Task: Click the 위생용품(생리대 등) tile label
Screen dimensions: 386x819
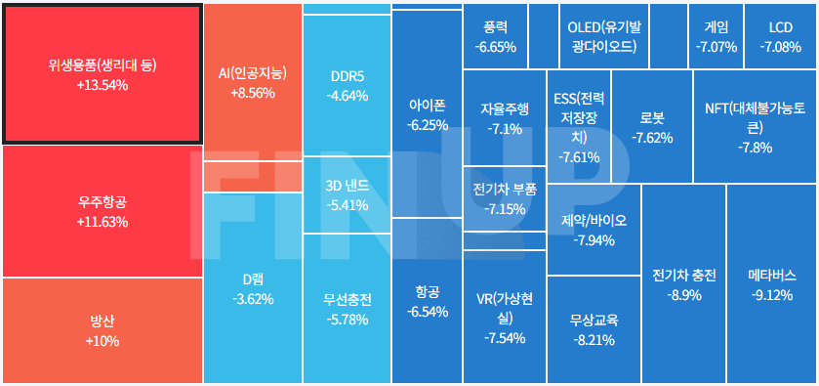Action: pos(102,65)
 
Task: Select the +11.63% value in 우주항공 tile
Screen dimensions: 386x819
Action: pos(102,222)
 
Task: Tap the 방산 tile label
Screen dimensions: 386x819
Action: pos(102,322)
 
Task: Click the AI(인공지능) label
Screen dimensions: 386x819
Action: pos(253,73)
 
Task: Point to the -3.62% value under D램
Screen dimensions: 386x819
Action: pos(253,298)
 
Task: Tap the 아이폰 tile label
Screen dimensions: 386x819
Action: pos(427,106)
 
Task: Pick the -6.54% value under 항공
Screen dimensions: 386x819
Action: pos(427,312)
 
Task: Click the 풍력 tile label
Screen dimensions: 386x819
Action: pos(495,26)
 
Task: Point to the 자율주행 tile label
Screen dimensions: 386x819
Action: pos(504,108)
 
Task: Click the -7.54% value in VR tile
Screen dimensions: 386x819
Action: pos(504,338)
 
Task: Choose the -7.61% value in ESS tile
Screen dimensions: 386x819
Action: pos(578,156)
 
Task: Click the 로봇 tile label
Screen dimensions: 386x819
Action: pos(652,117)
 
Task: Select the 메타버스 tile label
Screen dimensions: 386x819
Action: pos(771,276)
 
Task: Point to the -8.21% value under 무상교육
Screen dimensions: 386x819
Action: pos(594,340)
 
